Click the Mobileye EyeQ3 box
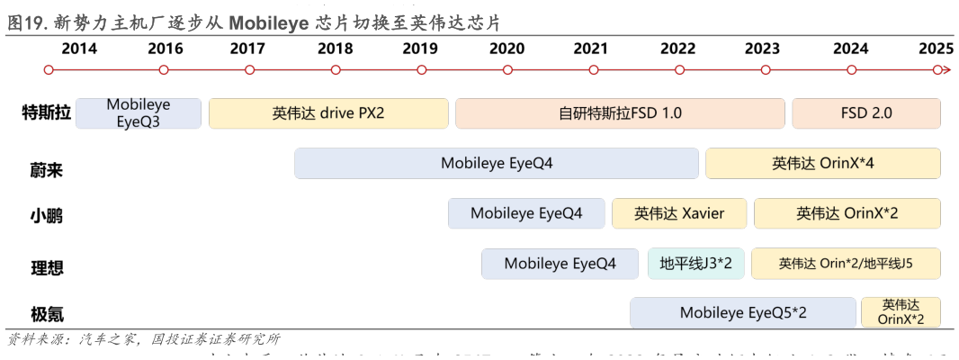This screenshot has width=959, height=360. pos(139,113)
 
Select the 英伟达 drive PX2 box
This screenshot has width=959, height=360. pos(328,113)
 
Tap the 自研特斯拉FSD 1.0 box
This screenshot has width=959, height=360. pos(620,113)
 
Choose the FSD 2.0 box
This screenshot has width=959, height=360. pos(866,113)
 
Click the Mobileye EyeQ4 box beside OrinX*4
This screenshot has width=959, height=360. pos(497,164)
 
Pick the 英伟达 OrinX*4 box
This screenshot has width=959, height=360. pos(823,164)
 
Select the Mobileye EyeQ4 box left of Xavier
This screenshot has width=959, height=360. pos(526,213)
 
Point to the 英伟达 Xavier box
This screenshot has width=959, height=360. pos(679,213)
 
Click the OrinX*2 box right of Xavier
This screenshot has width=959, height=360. pos(847,213)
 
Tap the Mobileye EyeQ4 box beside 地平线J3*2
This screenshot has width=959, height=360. pos(560,264)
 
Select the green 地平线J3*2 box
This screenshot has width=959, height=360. pos(696,264)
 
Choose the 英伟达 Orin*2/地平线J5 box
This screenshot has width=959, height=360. pos(846,264)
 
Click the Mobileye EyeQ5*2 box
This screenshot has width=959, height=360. pos(743,313)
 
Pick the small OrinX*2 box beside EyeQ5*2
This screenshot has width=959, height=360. pos(901,312)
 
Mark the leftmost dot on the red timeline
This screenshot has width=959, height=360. pos(49,69)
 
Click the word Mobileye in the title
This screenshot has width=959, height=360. pos(267,23)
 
